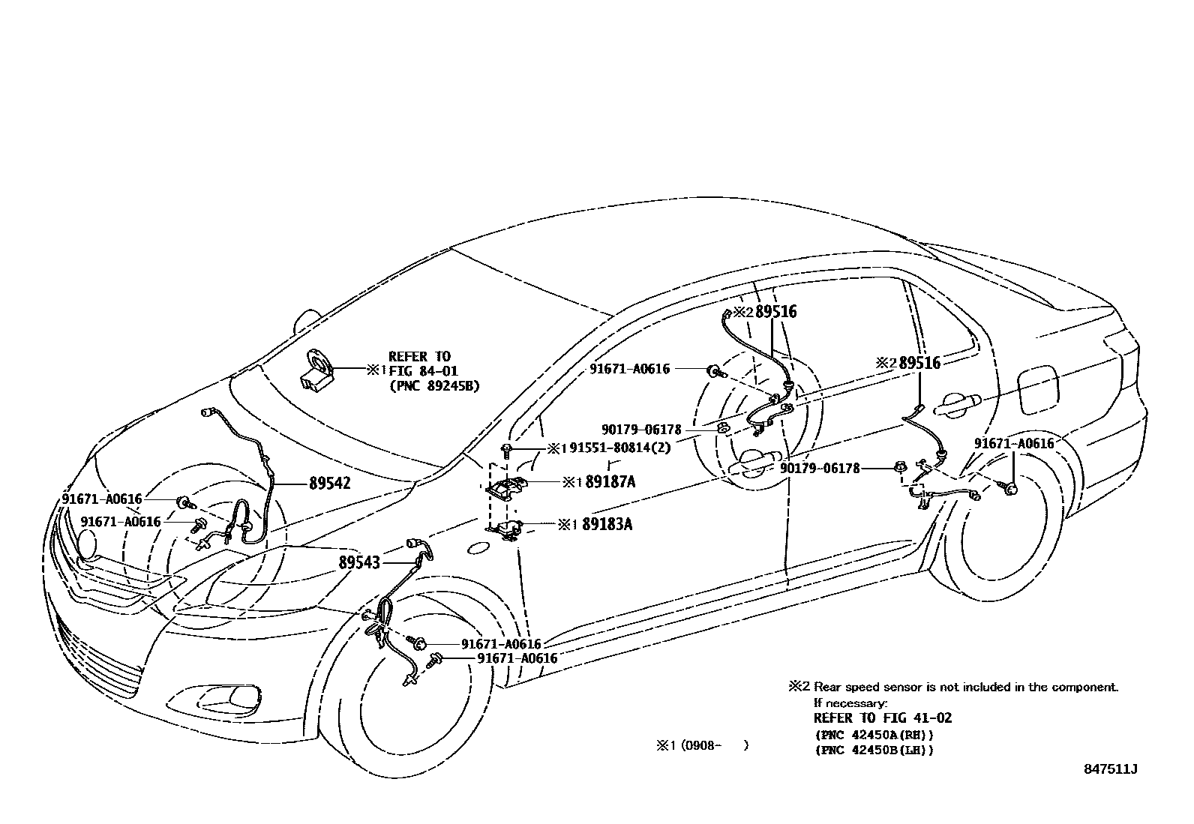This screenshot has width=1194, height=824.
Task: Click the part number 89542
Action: coord(329,484)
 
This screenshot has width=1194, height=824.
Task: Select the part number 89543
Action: coord(359,562)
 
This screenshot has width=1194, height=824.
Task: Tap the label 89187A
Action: coord(610,482)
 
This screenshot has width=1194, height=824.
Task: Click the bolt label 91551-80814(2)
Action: coord(619,448)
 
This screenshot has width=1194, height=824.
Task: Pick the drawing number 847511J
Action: coord(1110,769)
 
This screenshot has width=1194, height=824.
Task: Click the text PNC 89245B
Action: coord(435,385)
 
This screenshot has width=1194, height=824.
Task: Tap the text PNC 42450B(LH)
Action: coord(874,750)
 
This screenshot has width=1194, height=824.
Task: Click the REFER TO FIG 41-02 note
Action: coord(883,718)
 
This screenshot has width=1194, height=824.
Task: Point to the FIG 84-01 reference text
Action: coord(423,370)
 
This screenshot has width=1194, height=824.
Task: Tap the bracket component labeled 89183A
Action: coord(507,529)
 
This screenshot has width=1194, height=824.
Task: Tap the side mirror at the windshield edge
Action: coord(305,320)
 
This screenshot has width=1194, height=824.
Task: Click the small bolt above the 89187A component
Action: coord(508,450)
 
